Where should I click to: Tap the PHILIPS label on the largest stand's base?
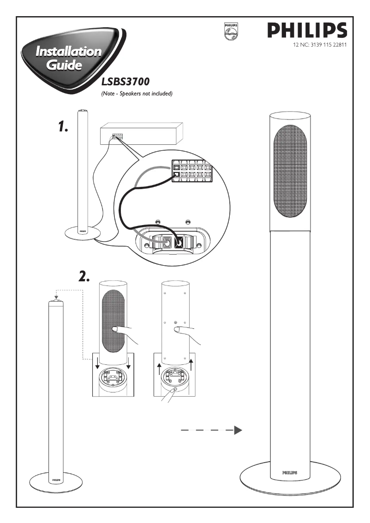point(289,473)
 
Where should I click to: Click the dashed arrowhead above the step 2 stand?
point(56,297)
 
